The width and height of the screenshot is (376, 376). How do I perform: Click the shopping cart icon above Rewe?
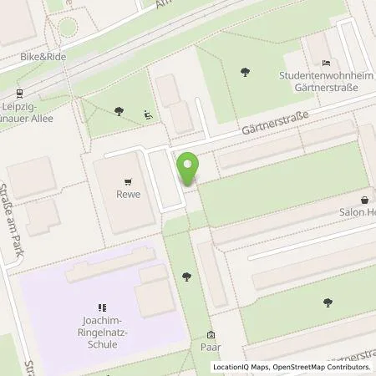pyautogui.click(x=128, y=180)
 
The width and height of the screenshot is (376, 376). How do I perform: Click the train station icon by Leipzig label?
pyautogui.click(x=19, y=94)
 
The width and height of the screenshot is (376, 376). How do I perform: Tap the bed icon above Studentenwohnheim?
pyautogui.click(x=327, y=62)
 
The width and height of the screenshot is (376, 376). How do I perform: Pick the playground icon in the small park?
pyautogui.click(x=148, y=114)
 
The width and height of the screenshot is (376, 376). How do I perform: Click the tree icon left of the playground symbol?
pyautogui.click(x=119, y=109)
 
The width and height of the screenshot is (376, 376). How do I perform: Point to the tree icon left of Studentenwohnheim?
pyautogui.click(x=242, y=72)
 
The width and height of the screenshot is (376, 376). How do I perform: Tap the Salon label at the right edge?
pyautogui.click(x=360, y=214)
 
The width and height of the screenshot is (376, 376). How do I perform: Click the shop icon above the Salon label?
pyautogui.click(x=364, y=201)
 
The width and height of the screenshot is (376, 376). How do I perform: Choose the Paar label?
pyautogui.click(x=211, y=349)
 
